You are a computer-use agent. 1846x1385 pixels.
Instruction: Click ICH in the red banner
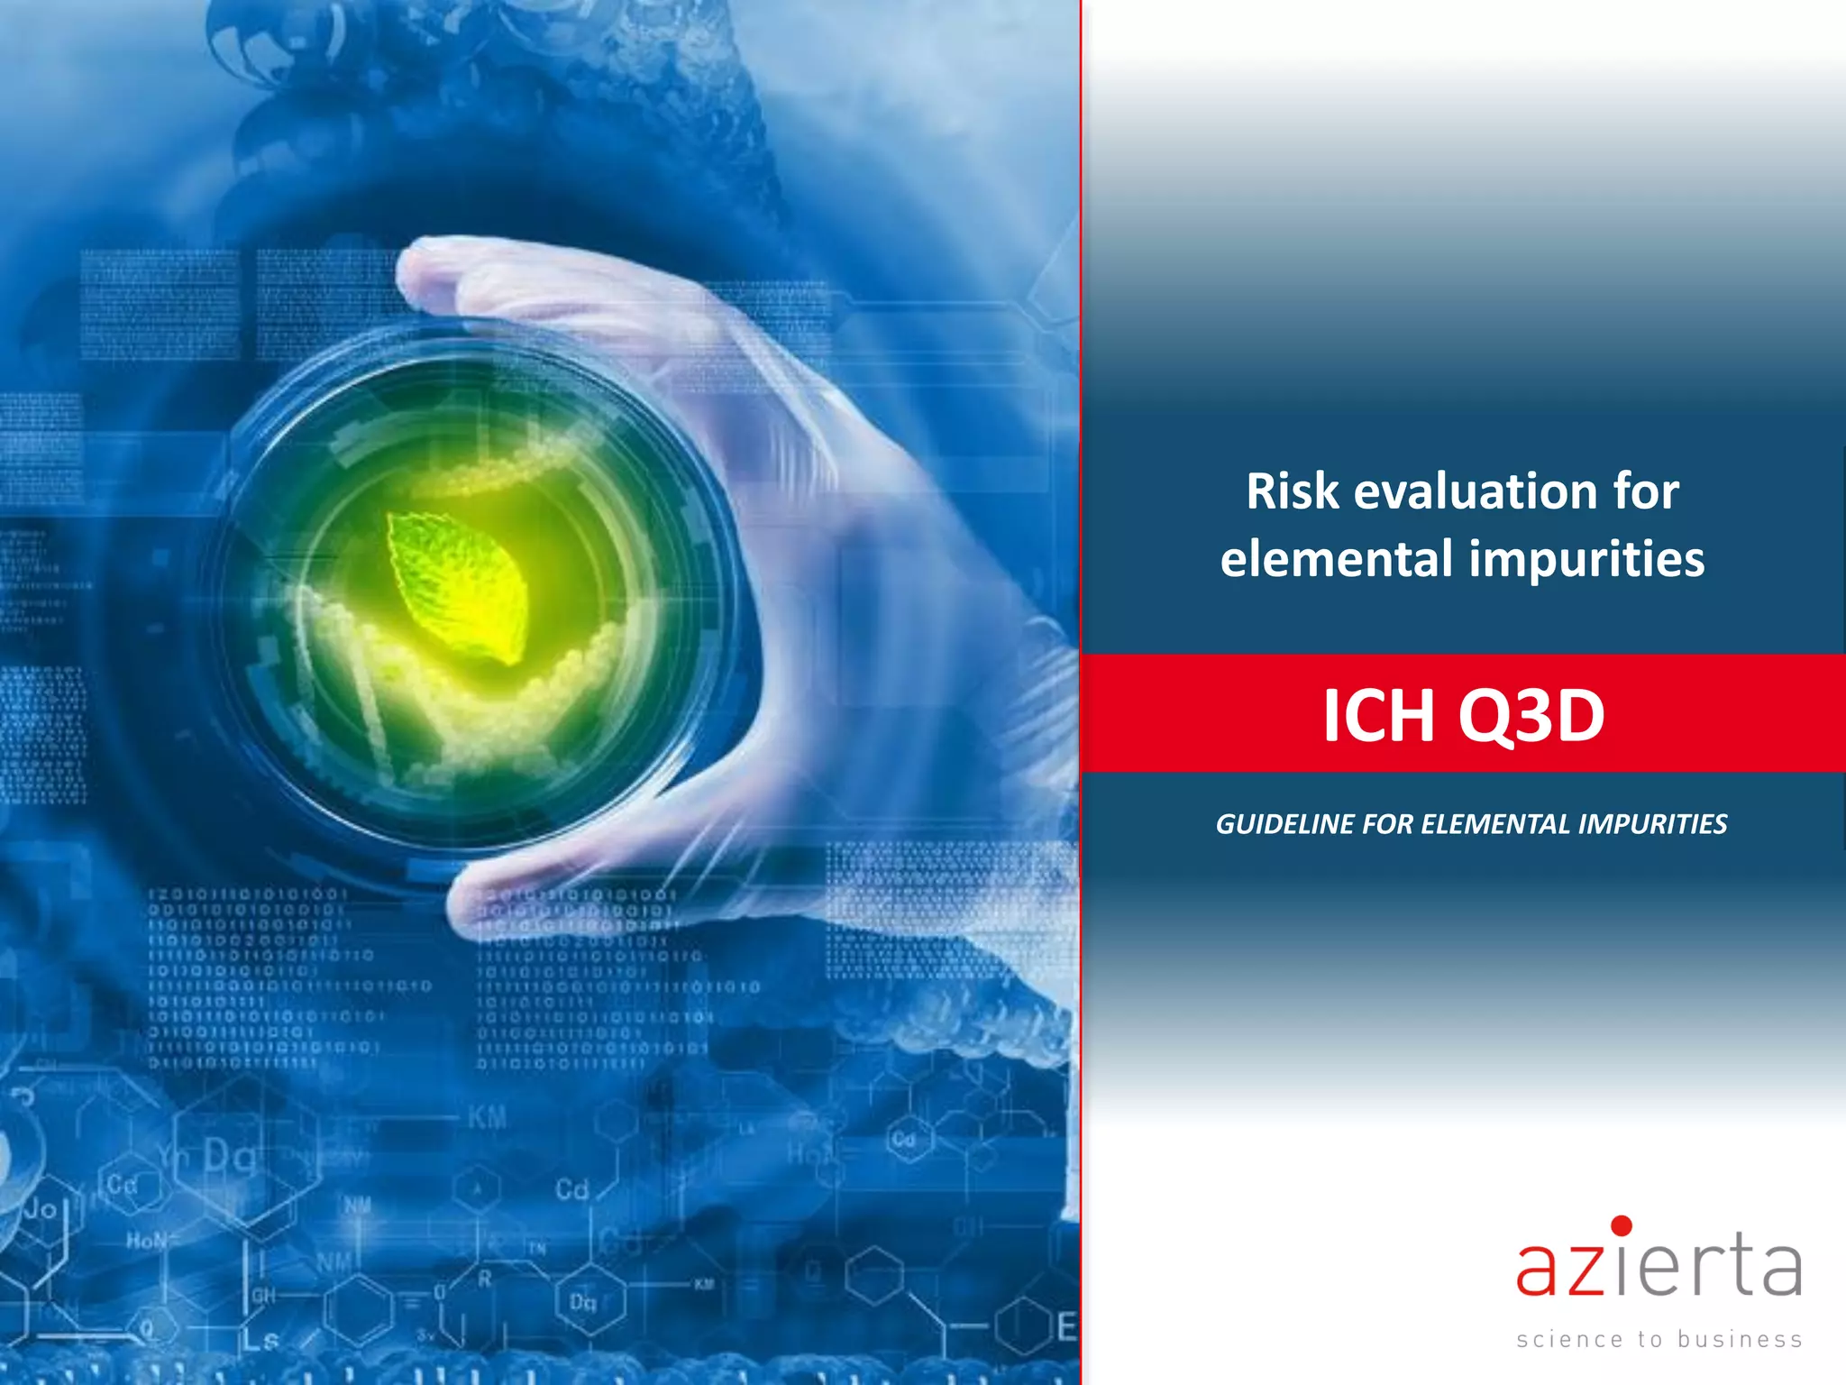[1378, 716]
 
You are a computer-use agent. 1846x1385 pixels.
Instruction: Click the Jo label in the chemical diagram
[41, 1208]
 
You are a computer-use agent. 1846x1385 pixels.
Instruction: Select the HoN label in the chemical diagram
[147, 1241]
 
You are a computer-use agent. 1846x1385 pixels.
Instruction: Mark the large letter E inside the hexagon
[1066, 1326]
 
